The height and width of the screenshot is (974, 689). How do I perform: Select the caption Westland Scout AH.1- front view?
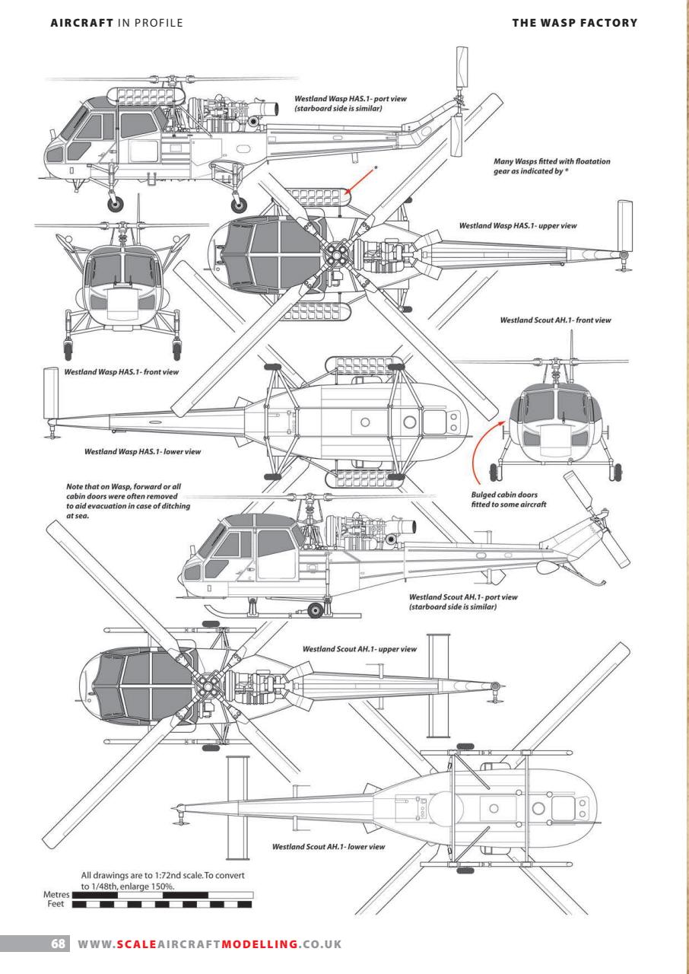(555, 320)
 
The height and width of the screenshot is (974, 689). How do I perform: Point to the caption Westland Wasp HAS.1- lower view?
(142, 451)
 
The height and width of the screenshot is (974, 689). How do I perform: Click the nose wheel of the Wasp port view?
(115, 203)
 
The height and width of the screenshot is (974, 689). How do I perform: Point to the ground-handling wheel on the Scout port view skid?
(316, 608)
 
